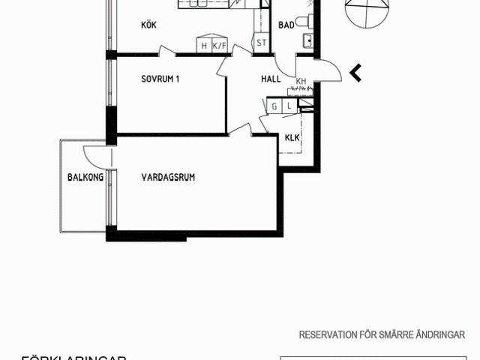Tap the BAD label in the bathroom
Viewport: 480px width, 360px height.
(x=286, y=25)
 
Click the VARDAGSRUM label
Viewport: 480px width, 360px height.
(x=168, y=178)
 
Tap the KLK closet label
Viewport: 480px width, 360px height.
(x=292, y=138)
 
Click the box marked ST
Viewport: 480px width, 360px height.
(x=261, y=43)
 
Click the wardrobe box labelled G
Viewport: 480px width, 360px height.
(x=274, y=107)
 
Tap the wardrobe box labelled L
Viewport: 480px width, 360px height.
(x=289, y=107)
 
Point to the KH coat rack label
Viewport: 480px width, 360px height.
(x=301, y=82)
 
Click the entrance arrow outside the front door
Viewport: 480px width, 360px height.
(x=356, y=73)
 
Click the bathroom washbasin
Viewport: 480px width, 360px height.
(x=307, y=39)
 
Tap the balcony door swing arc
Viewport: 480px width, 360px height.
(x=93, y=156)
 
